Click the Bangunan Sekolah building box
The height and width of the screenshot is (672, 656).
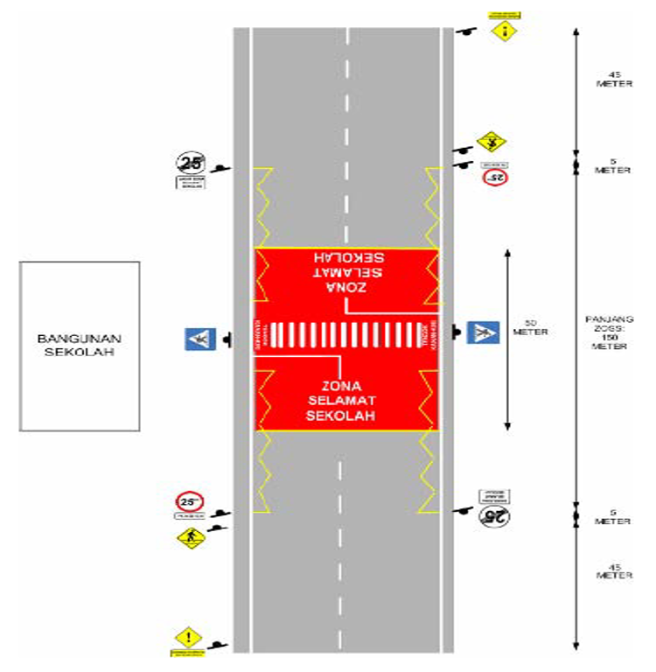80,346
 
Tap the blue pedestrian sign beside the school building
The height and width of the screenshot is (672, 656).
198,339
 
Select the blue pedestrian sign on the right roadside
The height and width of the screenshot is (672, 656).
481,332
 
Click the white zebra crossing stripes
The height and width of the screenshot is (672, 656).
345,335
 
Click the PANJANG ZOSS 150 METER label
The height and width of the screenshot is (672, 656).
611,332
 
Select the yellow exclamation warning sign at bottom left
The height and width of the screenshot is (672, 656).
185,638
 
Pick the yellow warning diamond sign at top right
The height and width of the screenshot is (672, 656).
505,31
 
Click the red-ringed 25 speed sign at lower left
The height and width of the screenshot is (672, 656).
189,502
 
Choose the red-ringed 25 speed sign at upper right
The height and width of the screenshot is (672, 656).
496,177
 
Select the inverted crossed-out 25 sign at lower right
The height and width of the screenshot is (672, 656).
494,516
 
